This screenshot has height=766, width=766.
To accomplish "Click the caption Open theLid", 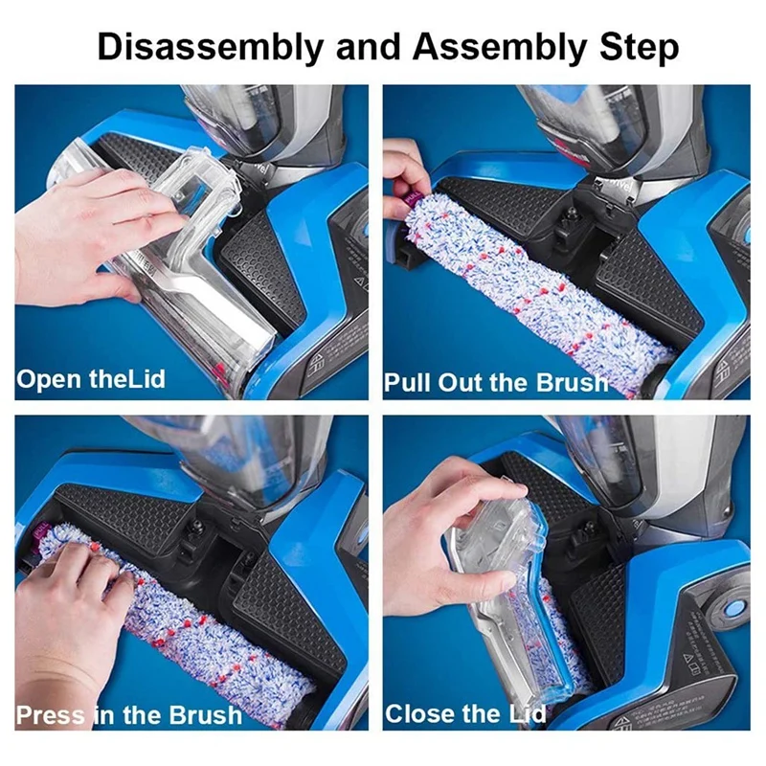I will [x=91, y=378].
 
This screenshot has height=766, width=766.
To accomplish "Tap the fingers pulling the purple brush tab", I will [x=402, y=172].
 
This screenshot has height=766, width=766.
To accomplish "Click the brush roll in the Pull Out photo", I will [x=536, y=287].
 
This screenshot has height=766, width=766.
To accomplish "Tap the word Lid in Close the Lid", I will [x=523, y=713].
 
